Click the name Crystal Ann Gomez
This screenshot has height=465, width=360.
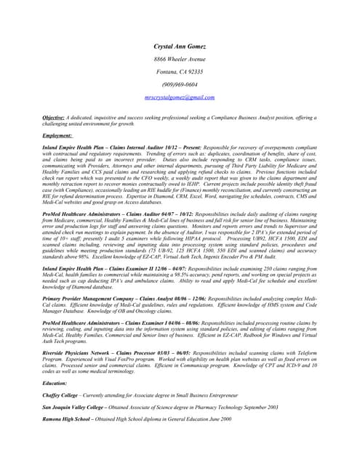pyautogui.click(x=179, y=46)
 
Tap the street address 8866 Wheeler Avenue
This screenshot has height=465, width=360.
pyautogui.click(x=180, y=59)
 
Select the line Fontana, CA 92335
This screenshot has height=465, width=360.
pyautogui.click(x=180, y=72)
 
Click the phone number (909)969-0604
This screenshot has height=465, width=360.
pyautogui.click(x=180, y=84)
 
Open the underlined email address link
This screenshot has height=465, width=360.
pyautogui.click(x=180, y=97)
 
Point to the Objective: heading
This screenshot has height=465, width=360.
pyautogui.click(x=55, y=117)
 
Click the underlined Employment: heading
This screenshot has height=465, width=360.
pyautogui.click(x=57, y=136)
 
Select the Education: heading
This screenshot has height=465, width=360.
pyautogui.click(x=55, y=383)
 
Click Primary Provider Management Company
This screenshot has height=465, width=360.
pyautogui.click(x=89, y=298)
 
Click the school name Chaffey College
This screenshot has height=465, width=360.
pyautogui.click(x=63, y=394)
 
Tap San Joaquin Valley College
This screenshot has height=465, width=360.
pyautogui.click(x=79, y=407)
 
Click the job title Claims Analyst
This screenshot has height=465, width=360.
pyautogui.click(x=157, y=298)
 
